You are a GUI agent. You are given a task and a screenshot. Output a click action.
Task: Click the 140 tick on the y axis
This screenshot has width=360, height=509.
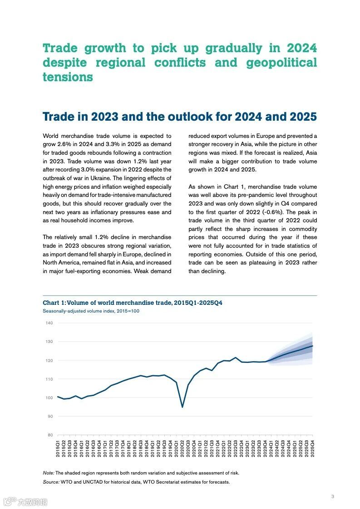tap(49, 323)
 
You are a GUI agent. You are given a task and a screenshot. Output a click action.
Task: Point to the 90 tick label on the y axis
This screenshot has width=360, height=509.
tap(50, 416)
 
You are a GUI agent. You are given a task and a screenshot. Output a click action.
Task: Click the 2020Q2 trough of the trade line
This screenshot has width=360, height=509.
tap(182, 407)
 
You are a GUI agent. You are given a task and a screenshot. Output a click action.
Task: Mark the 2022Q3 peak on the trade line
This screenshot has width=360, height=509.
tap(236, 358)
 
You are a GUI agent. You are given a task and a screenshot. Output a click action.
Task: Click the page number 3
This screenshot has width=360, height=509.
tap(333, 496)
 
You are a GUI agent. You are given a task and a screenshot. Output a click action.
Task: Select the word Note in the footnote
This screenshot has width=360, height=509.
tap(49, 473)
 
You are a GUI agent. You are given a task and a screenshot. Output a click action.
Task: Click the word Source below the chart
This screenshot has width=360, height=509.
tap(51, 482)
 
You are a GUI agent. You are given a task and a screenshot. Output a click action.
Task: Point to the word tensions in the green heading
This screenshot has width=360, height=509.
tap(68, 77)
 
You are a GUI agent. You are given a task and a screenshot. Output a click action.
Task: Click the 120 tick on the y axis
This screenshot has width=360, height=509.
tap(49, 360)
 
